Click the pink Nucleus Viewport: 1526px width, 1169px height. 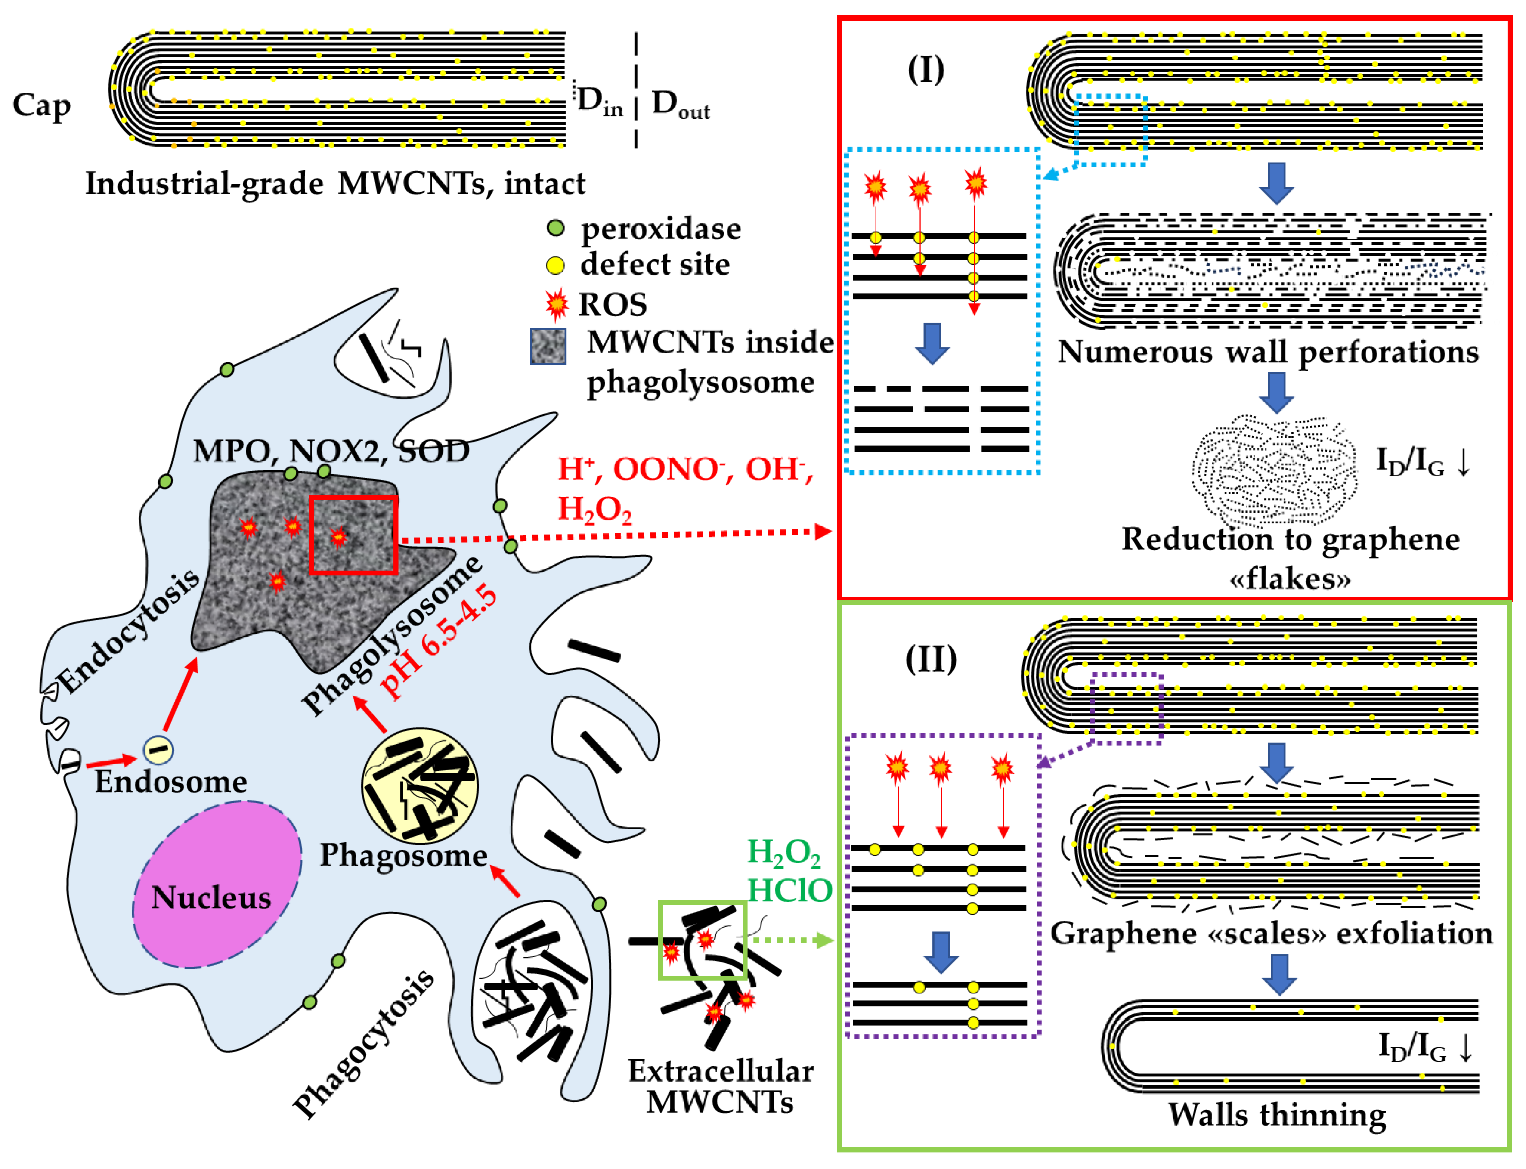[x=217, y=885]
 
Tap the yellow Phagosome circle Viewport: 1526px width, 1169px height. [x=420, y=786]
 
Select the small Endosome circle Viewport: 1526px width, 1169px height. [x=158, y=749]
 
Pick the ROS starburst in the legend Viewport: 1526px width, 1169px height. [x=556, y=304]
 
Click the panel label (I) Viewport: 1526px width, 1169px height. [x=926, y=70]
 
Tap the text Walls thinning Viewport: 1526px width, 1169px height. [x=1276, y=1114]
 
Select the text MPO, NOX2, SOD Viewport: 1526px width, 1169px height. [x=331, y=451]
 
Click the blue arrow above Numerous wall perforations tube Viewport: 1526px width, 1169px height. [x=1276, y=183]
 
